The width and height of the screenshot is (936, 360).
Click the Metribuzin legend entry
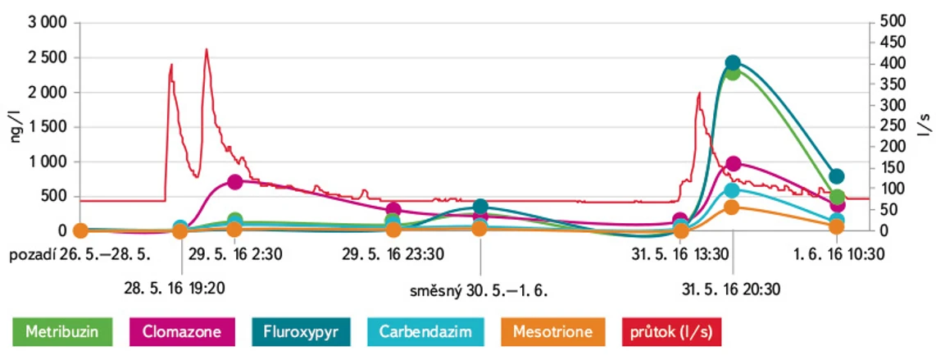tap(57, 333)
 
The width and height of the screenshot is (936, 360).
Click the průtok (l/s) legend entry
tap(673, 333)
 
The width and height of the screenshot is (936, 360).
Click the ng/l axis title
tap(16, 127)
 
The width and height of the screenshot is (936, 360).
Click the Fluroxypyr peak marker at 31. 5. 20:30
tap(733, 63)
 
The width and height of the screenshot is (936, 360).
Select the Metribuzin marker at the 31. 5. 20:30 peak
tap(733, 73)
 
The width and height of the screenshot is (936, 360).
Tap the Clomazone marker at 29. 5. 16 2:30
tap(234, 181)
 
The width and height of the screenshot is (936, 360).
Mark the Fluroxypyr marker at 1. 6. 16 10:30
tap(837, 176)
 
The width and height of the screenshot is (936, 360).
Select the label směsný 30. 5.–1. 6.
tap(479, 289)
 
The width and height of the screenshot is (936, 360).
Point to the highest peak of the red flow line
tap(207, 49)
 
